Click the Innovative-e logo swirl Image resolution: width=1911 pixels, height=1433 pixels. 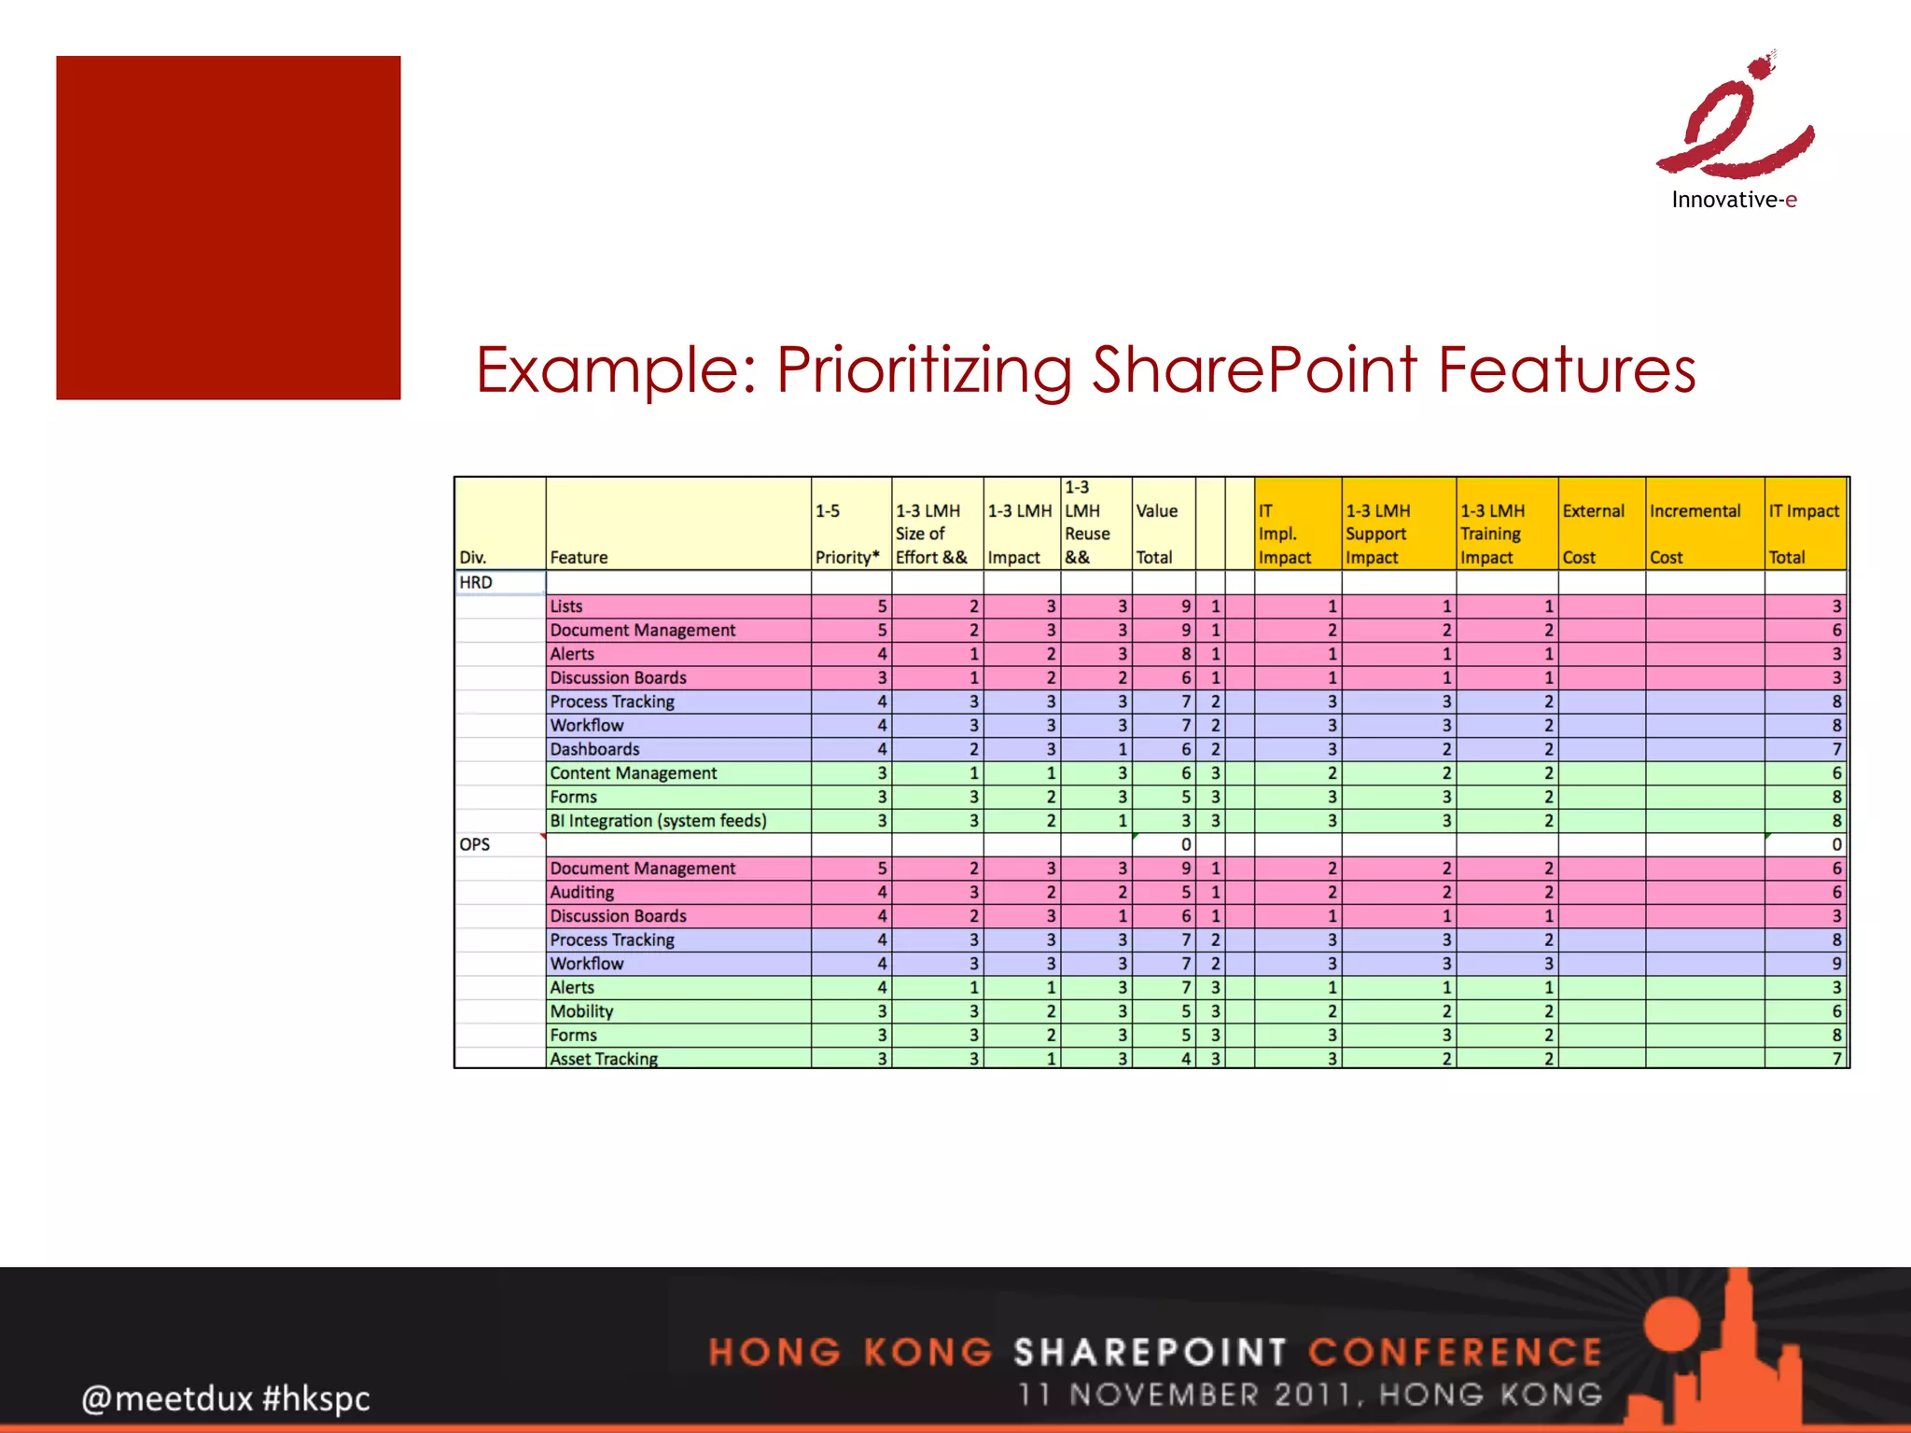[1736, 121]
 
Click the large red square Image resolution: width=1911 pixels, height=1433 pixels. [229, 228]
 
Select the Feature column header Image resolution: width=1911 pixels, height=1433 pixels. [579, 557]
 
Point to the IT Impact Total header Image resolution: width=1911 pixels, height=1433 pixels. [1805, 534]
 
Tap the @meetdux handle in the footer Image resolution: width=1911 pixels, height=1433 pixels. [166, 1398]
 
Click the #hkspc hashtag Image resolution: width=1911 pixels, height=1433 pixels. [316, 1398]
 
